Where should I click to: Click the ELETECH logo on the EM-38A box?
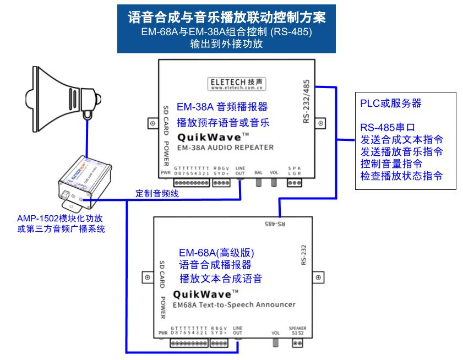(x=238, y=83)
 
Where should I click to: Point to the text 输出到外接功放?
(x=226, y=45)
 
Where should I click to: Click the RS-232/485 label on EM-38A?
(x=307, y=102)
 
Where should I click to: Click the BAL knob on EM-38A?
(x=258, y=185)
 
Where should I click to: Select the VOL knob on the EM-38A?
(x=274, y=185)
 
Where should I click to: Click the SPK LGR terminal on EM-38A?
(x=296, y=182)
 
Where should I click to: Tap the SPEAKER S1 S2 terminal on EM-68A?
(x=297, y=343)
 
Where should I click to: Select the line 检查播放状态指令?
(x=401, y=176)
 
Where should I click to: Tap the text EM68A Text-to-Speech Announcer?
(x=234, y=304)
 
